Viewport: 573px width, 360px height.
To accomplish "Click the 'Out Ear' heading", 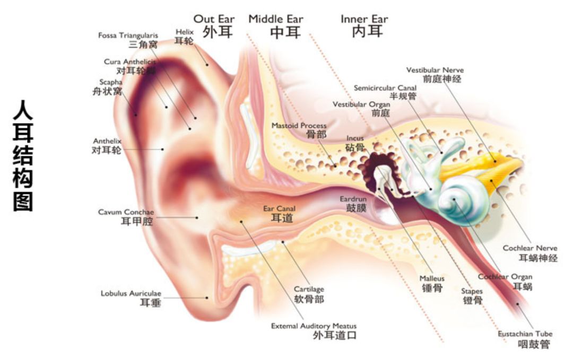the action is click(214, 20).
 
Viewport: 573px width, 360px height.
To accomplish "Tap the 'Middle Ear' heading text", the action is click(276, 20).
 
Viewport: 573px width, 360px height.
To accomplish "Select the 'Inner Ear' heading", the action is click(364, 20).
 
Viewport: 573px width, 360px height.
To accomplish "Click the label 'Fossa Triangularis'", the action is click(128, 35).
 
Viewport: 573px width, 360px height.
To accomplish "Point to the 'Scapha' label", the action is click(111, 82).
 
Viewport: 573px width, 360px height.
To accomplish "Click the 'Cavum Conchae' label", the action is click(126, 212).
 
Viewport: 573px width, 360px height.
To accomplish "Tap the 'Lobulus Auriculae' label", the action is click(131, 293).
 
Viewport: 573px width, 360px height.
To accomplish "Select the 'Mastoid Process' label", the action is click(299, 126).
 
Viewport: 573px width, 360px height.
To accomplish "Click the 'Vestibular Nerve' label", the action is click(435, 70).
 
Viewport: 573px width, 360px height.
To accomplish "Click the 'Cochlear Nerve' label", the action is click(530, 248).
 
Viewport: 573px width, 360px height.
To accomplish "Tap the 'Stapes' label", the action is click(472, 291).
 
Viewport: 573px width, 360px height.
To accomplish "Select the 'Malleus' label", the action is click(432, 278).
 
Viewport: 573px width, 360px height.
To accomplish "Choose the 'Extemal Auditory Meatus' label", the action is click(314, 326).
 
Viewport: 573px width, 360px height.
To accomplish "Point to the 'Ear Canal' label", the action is click(279, 209).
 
